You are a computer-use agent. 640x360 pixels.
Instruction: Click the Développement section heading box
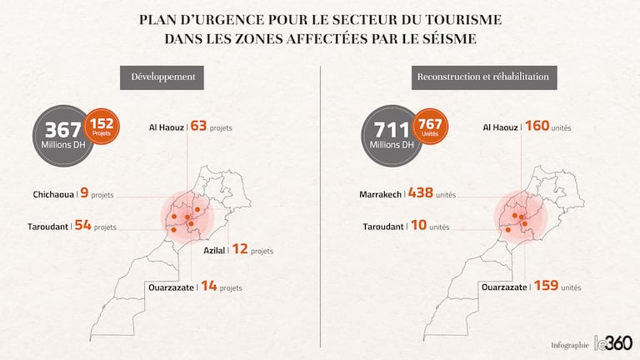pos(163,77)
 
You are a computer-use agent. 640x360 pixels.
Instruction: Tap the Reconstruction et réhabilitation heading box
pos(484,77)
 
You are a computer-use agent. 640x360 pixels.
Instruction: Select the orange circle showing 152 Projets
pos(102,126)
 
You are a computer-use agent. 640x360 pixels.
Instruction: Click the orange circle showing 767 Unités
pos(430,126)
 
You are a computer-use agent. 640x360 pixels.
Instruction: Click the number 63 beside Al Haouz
pos(198,127)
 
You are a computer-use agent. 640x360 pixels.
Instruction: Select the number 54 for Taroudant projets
pos(82,225)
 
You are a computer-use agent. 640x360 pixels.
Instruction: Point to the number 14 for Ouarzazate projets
pos(208,286)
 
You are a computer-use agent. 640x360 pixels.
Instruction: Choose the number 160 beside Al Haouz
pos(537,127)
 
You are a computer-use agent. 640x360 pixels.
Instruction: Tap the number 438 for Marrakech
pos(421,193)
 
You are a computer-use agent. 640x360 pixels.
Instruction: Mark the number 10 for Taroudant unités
pos(417,225)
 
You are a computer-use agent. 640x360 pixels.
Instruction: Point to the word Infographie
pos(569,345)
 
